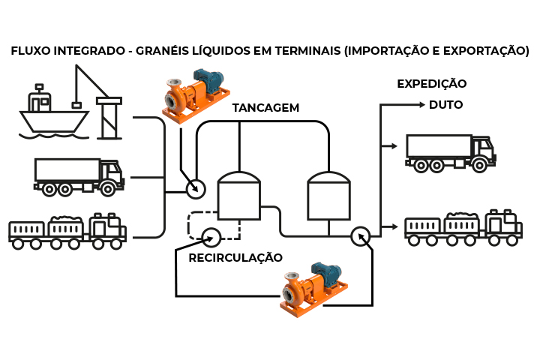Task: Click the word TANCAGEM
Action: (x=265, y=108)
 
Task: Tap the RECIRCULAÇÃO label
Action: (x=235, y=258)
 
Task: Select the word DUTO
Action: (x=445, y=105)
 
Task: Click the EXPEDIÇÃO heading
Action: (x=431, y=83)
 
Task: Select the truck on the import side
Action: (x=79, y=177)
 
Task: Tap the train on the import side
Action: (x=67, y=231)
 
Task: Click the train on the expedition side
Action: (x=463, y=227)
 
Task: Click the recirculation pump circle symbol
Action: (x=211, y=237)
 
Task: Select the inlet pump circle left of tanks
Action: (x=195, y=188)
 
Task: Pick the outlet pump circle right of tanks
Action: (x=361, y=235)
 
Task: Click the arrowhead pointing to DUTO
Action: (x=424, y=105)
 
